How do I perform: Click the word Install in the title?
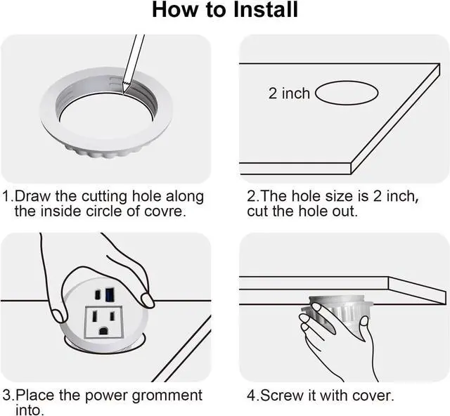tap(265, 10)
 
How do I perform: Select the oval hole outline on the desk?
tap(347, 93)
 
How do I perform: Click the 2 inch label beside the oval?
tap(289, 93)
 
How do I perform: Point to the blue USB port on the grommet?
tap(110, 295)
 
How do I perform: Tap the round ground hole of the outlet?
tap(103, 331)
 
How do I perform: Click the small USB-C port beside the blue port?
tap(98, 294)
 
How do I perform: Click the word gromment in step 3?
tap(167, 396)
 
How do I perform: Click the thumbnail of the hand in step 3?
tap(148, 300)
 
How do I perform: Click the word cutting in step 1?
tap(104, 197)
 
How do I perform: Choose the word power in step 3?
tap(106, 396)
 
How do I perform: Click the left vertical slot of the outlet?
tap(94, 316)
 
